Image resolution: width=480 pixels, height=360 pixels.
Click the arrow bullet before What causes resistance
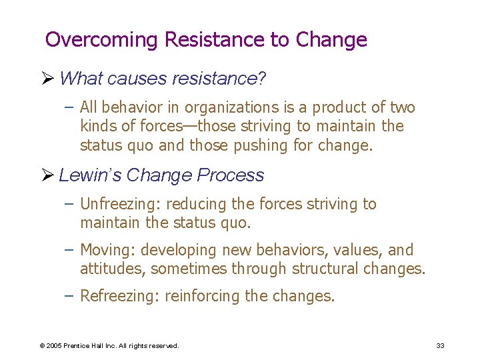[x=49, y=79]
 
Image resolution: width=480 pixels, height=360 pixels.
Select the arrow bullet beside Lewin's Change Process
[x=49, y=175]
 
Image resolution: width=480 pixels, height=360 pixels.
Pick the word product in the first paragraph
[x=347, y=107]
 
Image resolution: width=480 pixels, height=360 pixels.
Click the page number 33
[x=440, y=345]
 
